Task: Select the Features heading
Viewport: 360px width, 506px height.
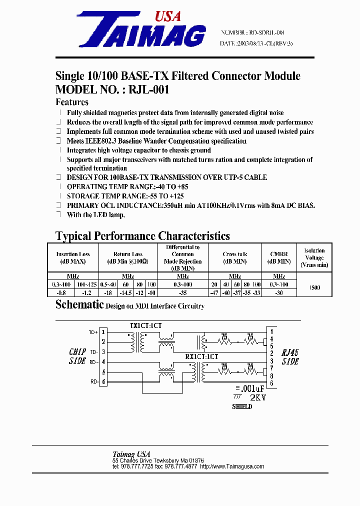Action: pos(71,102)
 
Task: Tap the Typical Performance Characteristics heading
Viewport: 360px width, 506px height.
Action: pos(142,236)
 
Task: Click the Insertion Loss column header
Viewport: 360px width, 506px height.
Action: pos(73,257)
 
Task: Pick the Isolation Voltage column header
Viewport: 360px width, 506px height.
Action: pos(314,257)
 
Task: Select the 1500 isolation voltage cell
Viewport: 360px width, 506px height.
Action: pos(314,288)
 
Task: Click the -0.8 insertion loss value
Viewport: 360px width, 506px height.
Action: pos(61,292)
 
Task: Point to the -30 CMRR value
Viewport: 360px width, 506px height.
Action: pos(279,292)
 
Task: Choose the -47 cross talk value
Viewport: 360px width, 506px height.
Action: pos(214,292)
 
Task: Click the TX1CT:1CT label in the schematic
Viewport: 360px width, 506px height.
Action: pos(146,325)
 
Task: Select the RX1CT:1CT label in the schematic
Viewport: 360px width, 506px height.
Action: pos(202,356)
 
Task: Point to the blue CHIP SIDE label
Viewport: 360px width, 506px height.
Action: pos(77,356)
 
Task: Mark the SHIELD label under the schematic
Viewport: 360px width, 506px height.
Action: pos(242,406)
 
